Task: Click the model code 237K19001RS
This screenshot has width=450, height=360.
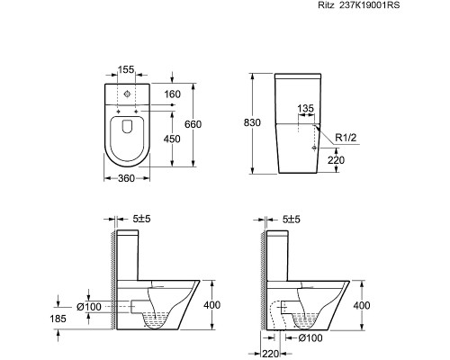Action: coord(369,5)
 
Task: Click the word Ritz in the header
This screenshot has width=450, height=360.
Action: coord(326,5)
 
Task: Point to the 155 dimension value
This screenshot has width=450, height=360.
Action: coord(126,69)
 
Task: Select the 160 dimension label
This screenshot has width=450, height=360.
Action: coord(173,94)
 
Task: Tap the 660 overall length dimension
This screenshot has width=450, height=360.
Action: coord(193,124)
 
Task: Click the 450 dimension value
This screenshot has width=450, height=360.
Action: coord(172,139)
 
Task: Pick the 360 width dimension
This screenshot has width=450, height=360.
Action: coord(126,178)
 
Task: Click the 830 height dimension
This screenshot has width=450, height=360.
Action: coord(252,122)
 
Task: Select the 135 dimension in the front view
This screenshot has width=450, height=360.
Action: coord(305,108)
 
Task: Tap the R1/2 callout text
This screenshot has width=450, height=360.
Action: coord(346,138)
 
